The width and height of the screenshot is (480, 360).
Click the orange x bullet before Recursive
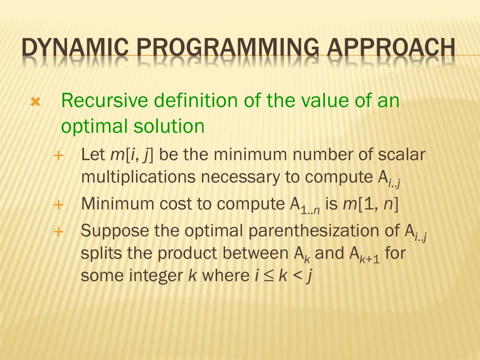click(x=36, y=102)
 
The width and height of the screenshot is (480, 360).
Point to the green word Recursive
click(x=105, y=101)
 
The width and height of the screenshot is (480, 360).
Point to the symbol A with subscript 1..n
click(x=304, y=205)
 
